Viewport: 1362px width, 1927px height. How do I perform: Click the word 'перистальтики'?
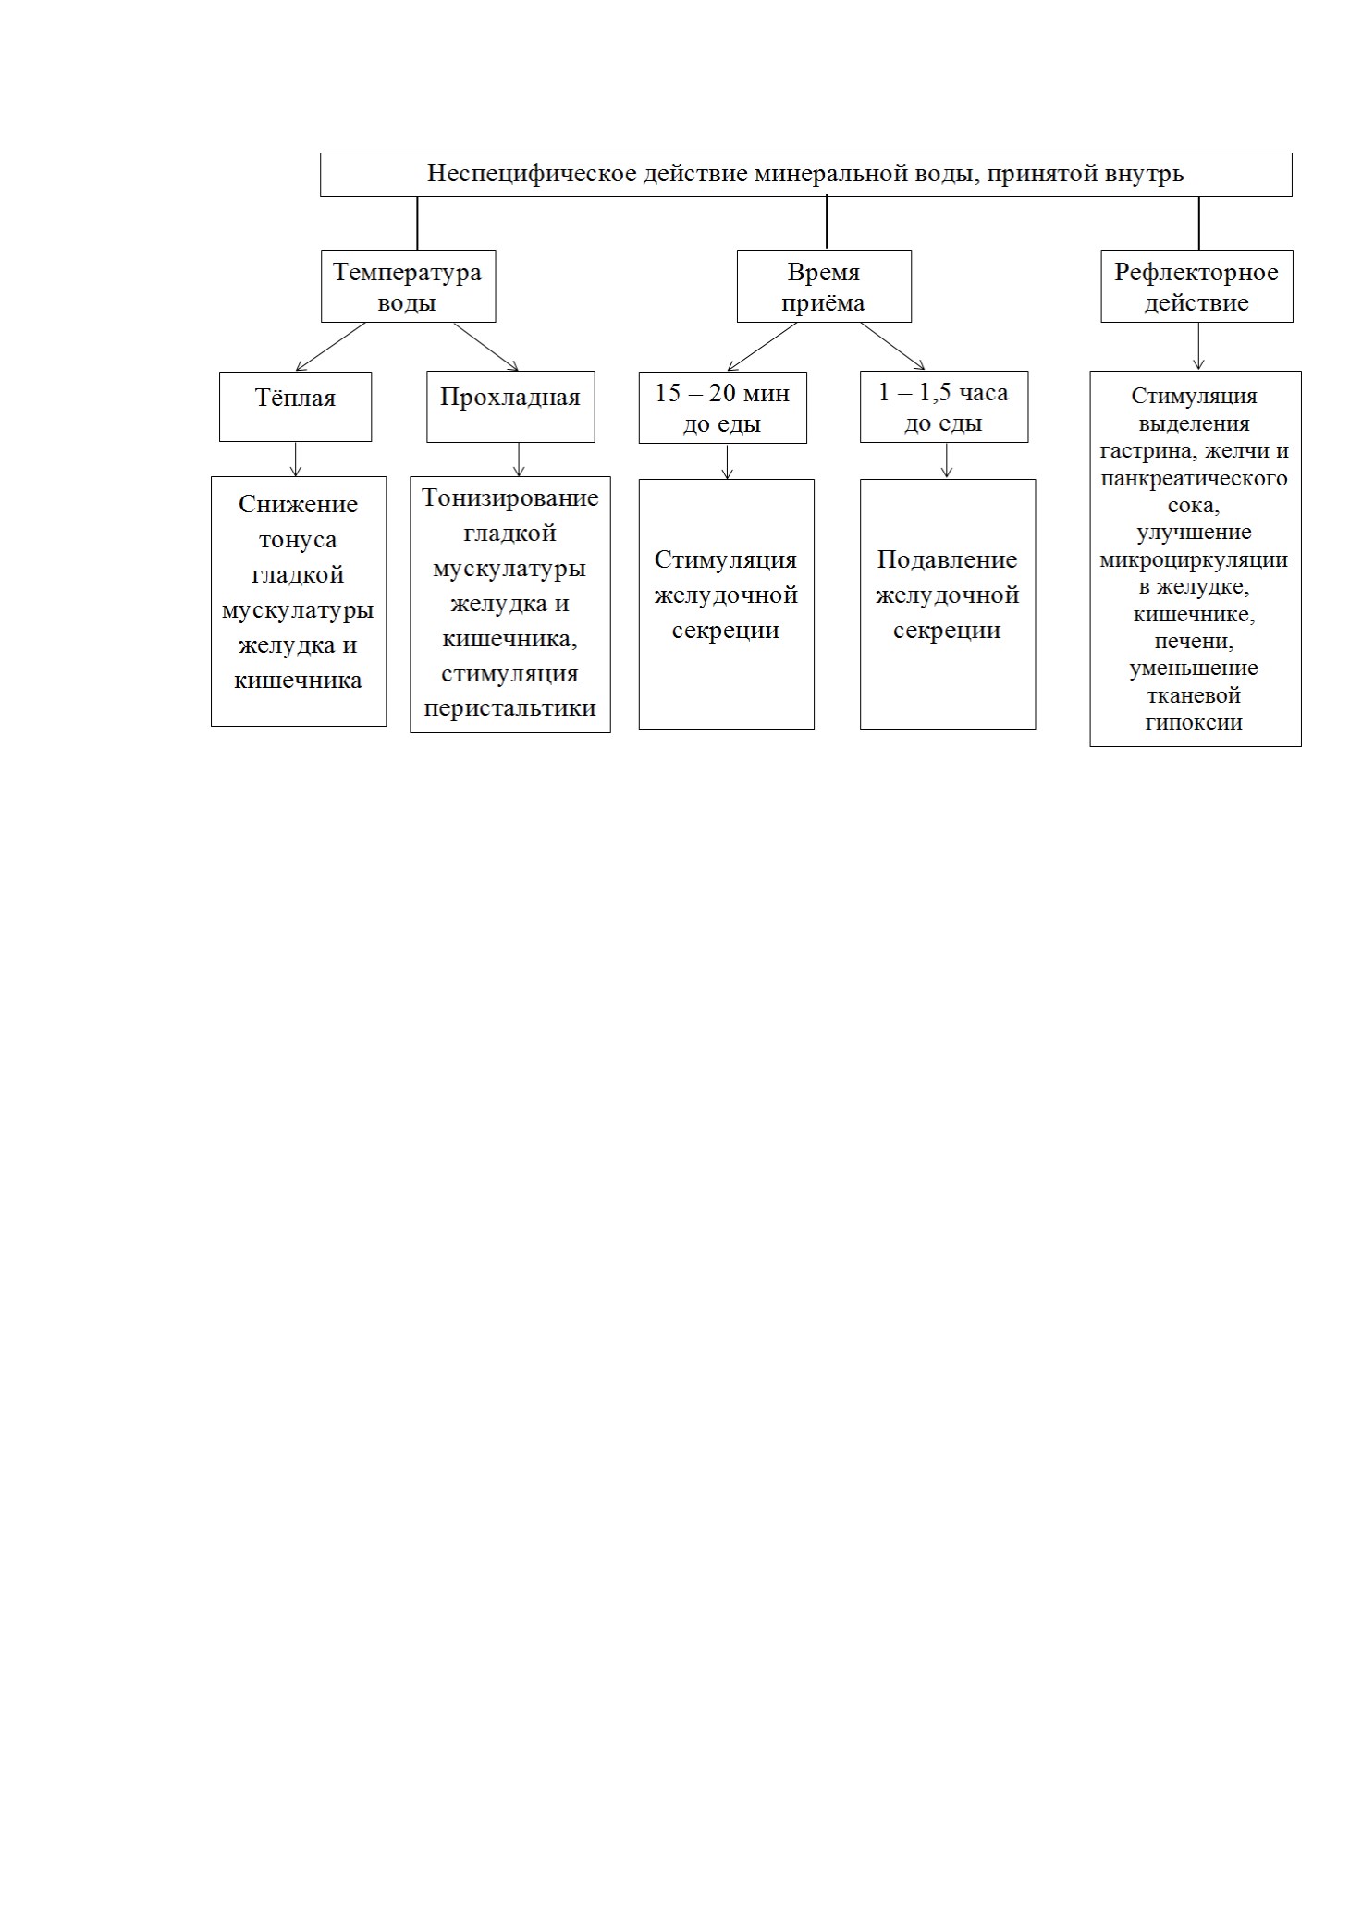(x=510, y=709)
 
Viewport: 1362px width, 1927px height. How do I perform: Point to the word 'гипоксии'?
(x=1194, y=723)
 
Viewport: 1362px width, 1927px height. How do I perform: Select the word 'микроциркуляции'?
(x=1194, y=559)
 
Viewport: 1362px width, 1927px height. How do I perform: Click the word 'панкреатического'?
(x=1194, y=478)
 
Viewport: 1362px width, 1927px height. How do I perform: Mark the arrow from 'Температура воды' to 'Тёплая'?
(x=330, y=347)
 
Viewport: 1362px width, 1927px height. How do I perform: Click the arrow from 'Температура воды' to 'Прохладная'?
(x=485, y=347)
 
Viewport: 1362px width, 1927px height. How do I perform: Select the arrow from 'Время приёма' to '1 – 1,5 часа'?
(x=892, y=346)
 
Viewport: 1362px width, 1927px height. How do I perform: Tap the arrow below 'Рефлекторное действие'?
(x=1198, y=347)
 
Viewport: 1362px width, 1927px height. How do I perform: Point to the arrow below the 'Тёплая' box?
(x=295, y=460)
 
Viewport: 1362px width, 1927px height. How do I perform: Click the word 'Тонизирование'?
(x=510, y=498)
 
